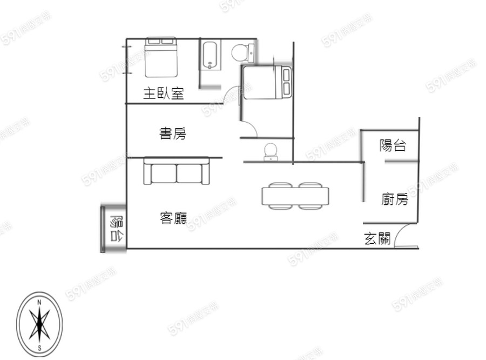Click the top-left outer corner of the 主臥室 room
(x=126, y=39)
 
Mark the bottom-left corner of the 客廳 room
(x=127, y=248)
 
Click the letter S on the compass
(x=39, y=348)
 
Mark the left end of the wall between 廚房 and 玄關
(x=363, y=223)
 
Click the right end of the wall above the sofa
(x=222, y=158)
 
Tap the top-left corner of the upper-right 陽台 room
(x=361, y=130)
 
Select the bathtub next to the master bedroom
(x=211, y=55)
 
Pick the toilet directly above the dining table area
(x=271, y=152)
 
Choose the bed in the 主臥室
(x=161, y=57)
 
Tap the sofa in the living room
(x=177, y=170)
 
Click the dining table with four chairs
(x=295, y=196)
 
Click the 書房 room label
(x=173, y=134)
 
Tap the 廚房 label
(x=395, y=199)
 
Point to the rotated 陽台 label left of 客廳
(x=117, y=229)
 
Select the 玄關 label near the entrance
(x=377, y=238)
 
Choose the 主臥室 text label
(x=164, y=93)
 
